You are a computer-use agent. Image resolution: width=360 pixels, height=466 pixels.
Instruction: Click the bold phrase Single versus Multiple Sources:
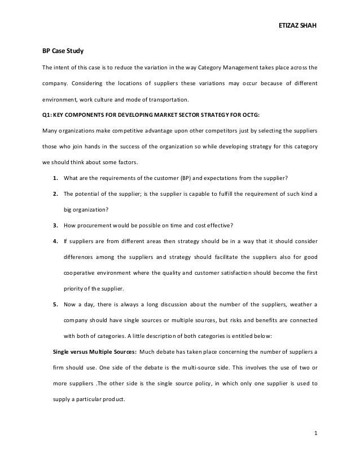[93, 353]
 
